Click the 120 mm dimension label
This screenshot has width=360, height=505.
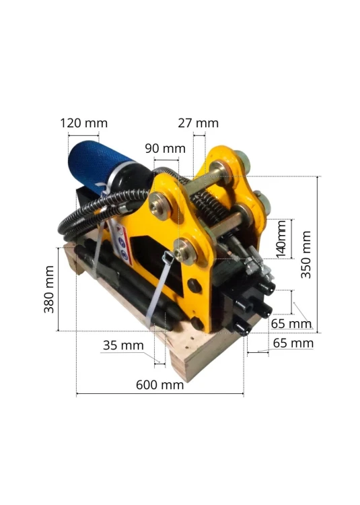tap(83, 123)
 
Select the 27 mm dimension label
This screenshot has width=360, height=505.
tap(199, 123)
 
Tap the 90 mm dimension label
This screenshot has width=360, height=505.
tap(165, 149)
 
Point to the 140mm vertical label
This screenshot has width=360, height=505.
tap(281, 238)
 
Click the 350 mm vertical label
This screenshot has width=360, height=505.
tap(306, 255)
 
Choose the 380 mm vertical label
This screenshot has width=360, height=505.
tap(49, 290)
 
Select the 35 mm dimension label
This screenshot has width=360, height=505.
tap(123, 345)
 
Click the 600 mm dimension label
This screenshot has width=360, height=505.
tap(159, 385)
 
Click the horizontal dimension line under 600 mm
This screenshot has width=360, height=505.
tap(160, 393)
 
